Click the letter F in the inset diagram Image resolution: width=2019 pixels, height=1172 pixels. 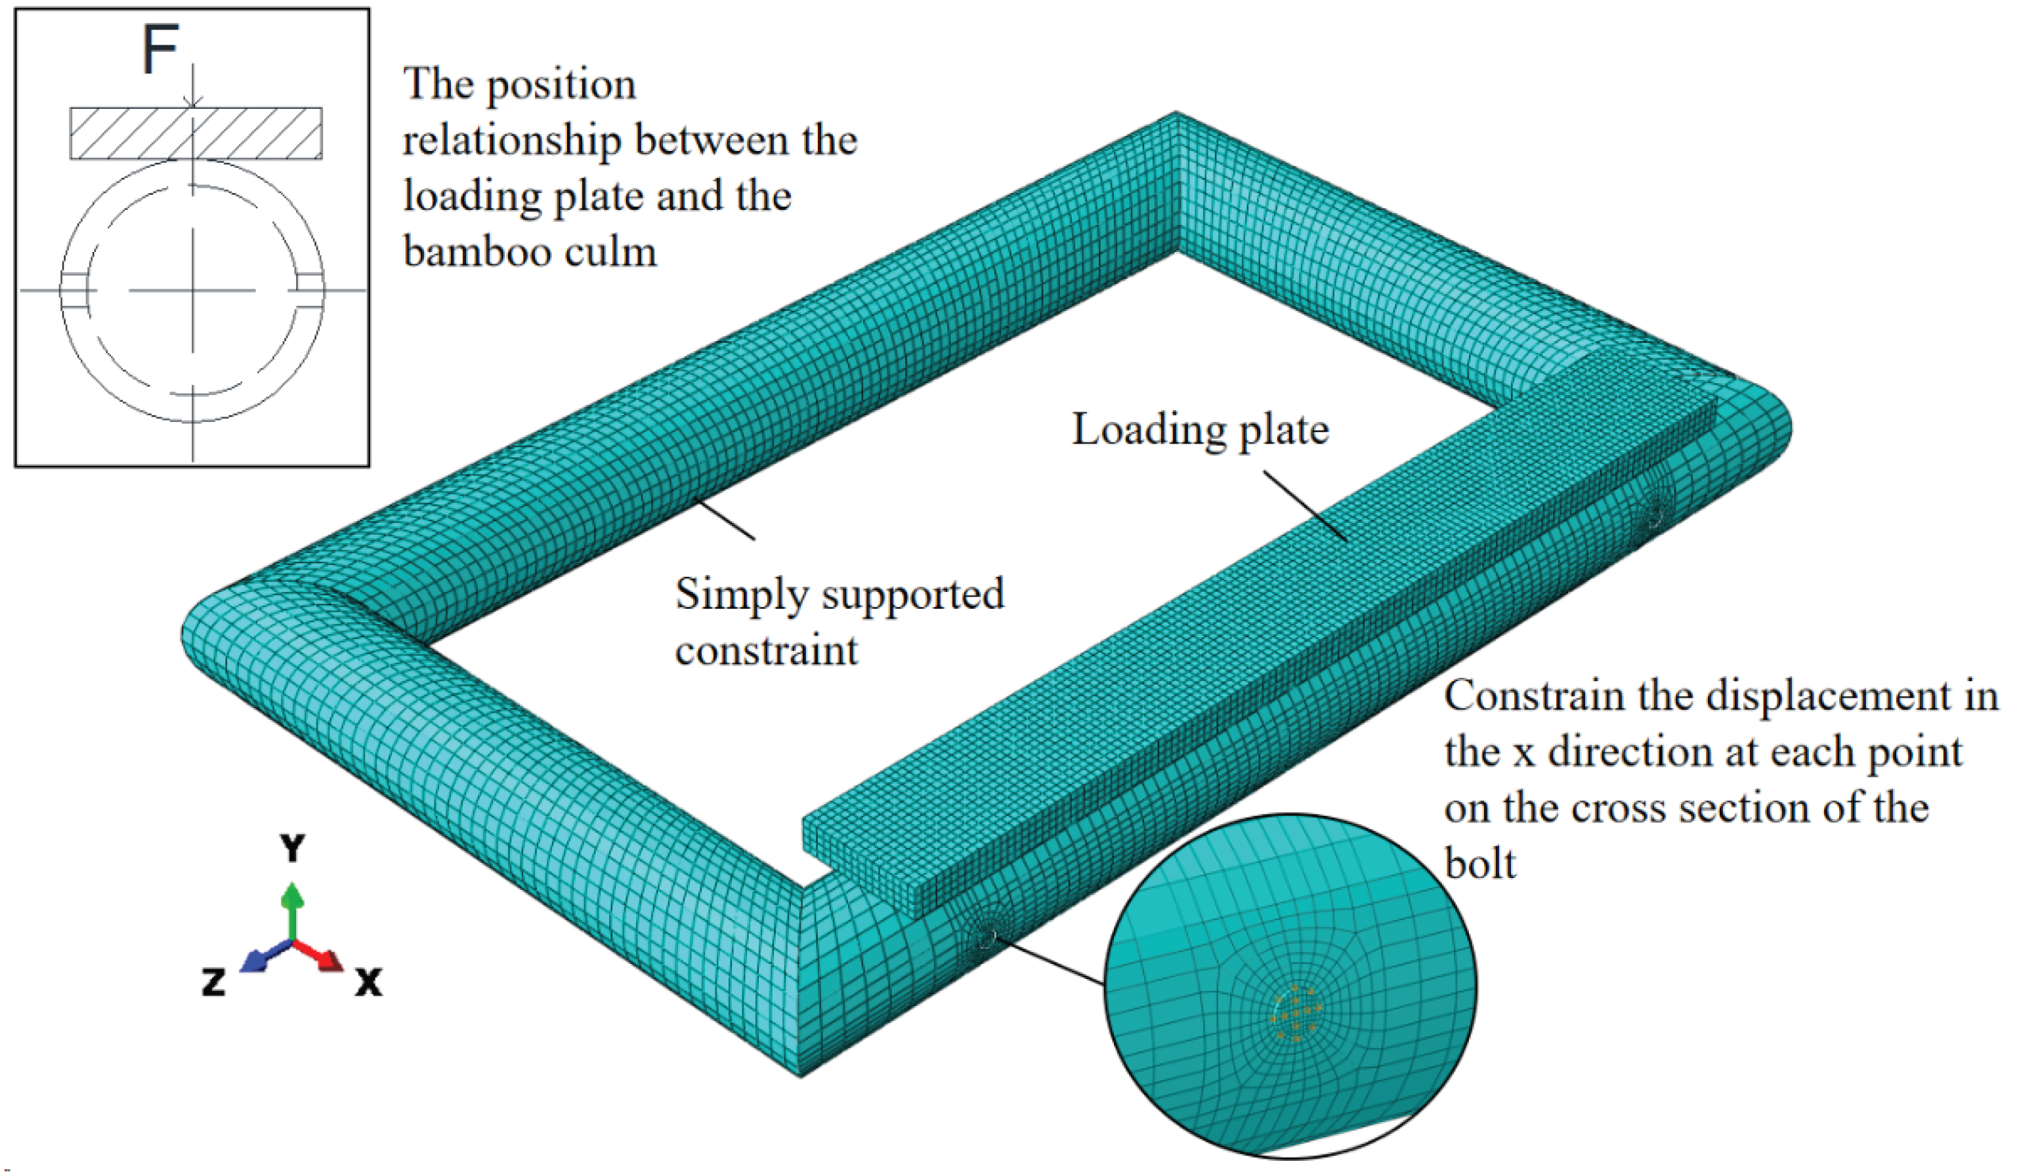(159, 50)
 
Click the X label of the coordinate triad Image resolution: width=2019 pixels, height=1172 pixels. (368, 981)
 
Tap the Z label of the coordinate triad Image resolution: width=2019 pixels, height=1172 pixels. (213, 981)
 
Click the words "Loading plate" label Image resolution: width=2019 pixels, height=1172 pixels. (1201, 430)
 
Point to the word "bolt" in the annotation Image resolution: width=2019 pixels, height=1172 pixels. (1480, 864)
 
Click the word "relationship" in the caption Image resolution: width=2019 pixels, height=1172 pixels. (511, 141)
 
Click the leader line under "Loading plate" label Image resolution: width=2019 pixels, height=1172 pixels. (1304, 505)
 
